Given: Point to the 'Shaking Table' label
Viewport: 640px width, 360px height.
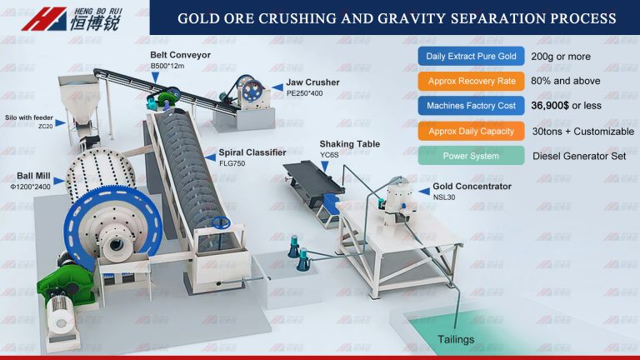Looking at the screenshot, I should (x=349, y=144).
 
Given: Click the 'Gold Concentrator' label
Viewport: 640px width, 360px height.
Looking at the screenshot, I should (x=472, y=187).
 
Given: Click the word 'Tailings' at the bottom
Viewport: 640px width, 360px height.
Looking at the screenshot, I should (x=457, y=339).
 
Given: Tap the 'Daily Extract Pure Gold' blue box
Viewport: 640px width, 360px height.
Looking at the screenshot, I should (x=471, y=57).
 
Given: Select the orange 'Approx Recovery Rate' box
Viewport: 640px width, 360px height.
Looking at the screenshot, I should (x=471, y=82).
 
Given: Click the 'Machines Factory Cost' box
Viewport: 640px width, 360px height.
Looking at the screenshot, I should (x=471, y=107).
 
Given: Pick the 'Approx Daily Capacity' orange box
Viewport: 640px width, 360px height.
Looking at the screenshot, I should (x=471, y=131).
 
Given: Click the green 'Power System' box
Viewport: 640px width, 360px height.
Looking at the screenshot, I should (x=471, y=156).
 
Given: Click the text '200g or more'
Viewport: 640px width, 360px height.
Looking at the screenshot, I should (x=562, y=57).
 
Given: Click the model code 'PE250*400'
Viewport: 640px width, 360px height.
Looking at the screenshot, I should (x=306, y=94).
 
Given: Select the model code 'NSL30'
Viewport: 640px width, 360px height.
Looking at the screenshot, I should (x=444, y=197).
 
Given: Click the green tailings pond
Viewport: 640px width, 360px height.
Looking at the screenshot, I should (x=517, y=333).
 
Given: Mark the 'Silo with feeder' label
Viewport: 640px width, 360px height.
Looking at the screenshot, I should (x=30, y=118).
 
